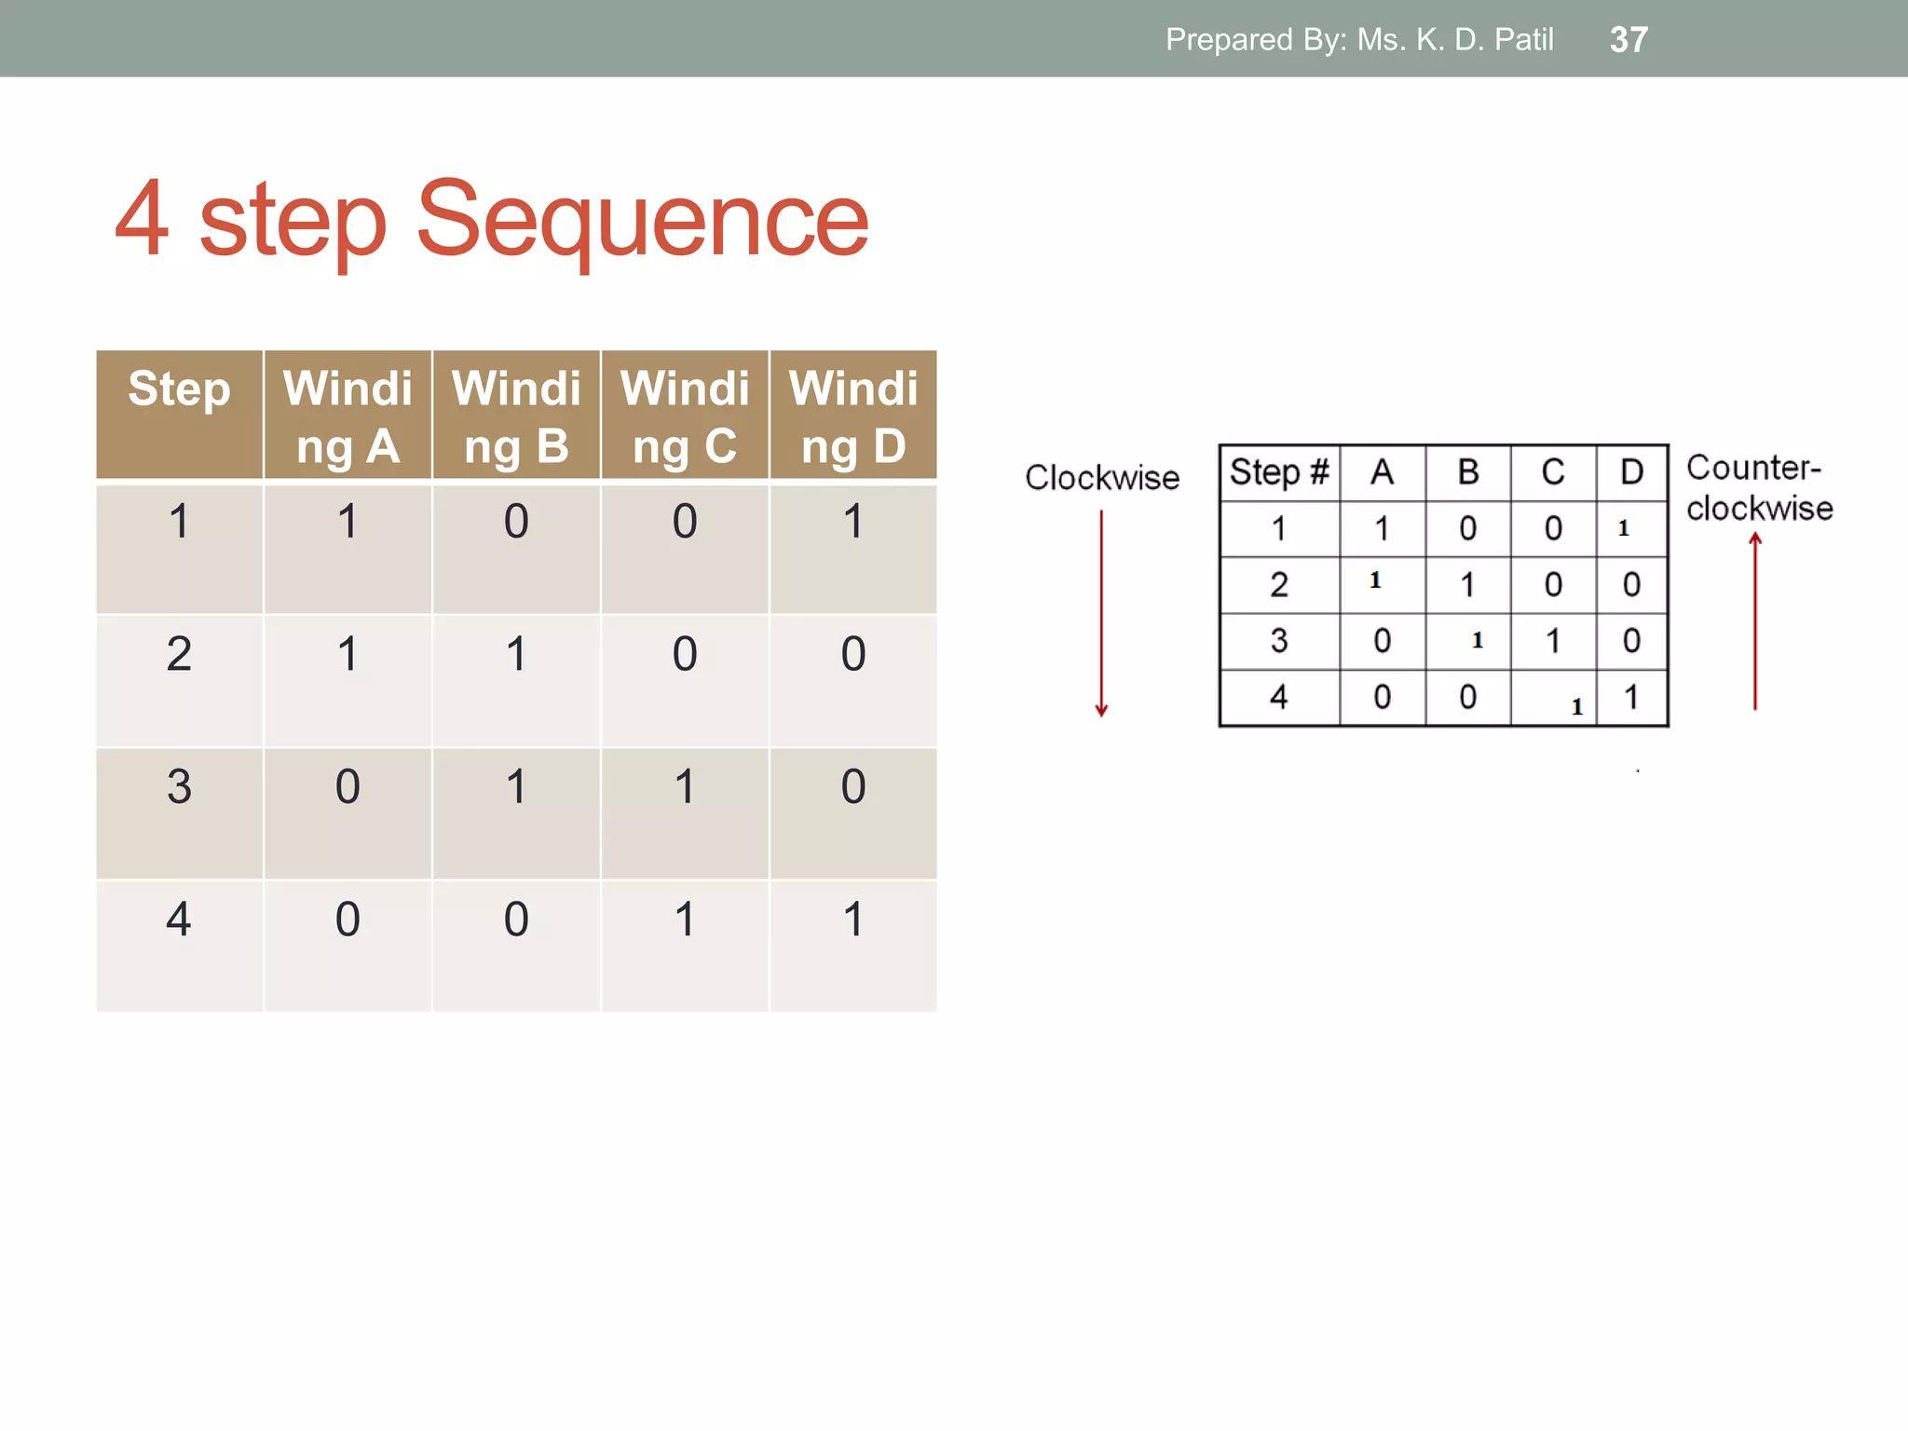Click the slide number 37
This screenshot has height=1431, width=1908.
pos(1629,39)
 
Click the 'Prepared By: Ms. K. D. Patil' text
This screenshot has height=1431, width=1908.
pos(1359,39)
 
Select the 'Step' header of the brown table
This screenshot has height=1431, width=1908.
pos(179,389)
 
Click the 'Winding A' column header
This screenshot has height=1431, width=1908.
pos(348,416)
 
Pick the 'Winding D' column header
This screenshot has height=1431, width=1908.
pos(853,416)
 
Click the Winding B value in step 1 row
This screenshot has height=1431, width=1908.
pos(516,522)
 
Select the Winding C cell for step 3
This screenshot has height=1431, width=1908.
pos(685,787)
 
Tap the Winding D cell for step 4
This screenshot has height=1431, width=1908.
pos(853,920)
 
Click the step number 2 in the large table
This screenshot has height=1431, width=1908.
pos(179,654)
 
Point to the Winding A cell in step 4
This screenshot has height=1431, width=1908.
pos(348,920)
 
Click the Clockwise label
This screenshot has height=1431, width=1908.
pos(1102,478)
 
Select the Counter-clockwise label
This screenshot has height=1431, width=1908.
pos(1758,488)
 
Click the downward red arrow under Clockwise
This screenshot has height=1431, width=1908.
pos(1101,615)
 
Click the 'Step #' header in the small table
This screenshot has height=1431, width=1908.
pos(1279,472)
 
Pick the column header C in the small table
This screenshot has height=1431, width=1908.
pos(1552,472)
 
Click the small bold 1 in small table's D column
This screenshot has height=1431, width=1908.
pos(1624,528)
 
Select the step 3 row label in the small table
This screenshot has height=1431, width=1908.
pos(1279,641)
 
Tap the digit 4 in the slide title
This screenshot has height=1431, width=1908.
pos(143,220)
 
